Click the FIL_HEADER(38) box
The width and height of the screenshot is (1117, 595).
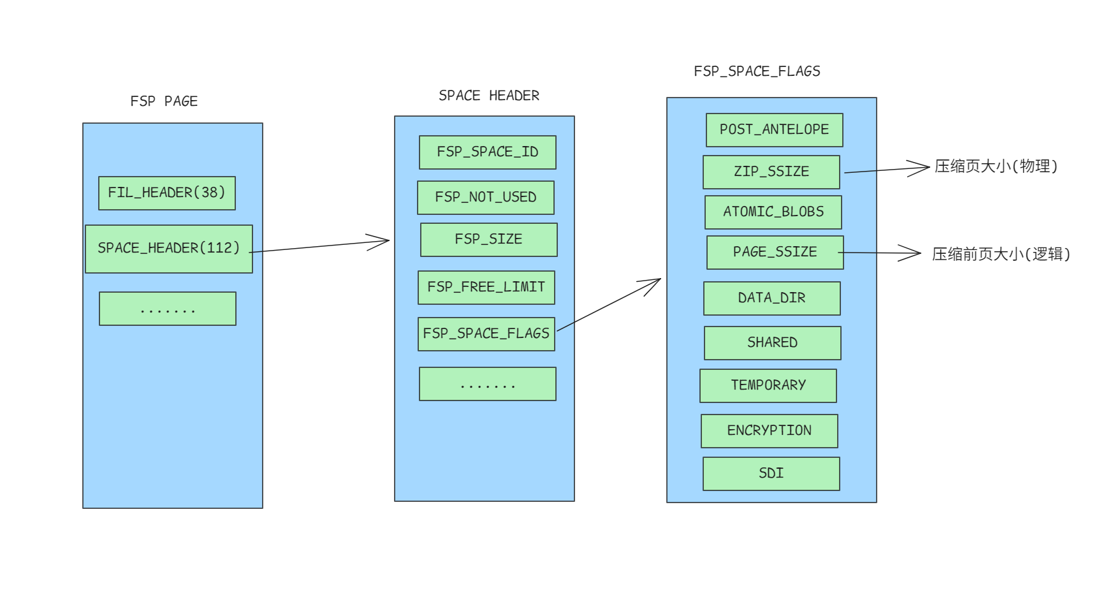click(167, 193)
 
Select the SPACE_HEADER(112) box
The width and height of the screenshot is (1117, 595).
click(169, 249)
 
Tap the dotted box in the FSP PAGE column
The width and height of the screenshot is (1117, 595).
click(168, 309)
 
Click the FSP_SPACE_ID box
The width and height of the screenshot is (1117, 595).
click(488, 152)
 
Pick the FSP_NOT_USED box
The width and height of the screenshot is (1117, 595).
click(486, 198)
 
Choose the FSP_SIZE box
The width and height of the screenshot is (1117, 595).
click(489, 240)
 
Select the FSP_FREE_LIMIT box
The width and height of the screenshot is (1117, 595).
click(486, 288)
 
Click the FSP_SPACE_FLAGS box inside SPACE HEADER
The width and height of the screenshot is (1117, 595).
click(486, 334)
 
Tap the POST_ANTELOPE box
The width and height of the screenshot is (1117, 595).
click(775, 130)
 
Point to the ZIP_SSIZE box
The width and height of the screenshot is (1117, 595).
click(771, 172)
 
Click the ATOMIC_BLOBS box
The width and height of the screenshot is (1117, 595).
click(773, 212)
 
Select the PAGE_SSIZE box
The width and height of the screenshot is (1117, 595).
click(775, 253)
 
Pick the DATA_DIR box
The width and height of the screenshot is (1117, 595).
click(772, 298)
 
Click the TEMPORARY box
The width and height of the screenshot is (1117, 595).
click(768, 386)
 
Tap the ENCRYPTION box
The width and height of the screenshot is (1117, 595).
click(770, 431)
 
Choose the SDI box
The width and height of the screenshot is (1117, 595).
click(771, 474)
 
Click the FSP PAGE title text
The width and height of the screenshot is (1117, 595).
click(164, 101)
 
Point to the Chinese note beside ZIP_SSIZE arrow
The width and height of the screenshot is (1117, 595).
click(996, 166)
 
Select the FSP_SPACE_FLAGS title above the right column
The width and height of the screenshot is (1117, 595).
click(757, 71)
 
